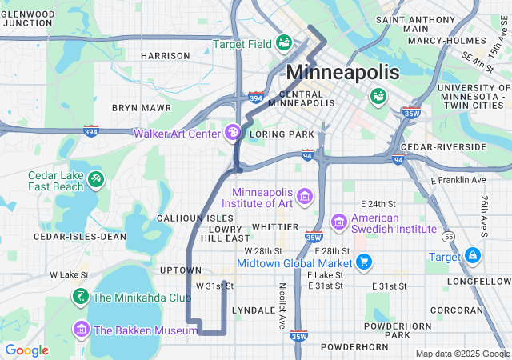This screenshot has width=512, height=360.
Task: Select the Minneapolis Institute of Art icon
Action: (304, 196)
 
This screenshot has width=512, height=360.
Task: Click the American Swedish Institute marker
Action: (338, 221)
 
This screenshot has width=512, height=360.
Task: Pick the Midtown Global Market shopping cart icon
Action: (364, 262)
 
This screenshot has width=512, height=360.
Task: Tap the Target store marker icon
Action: (472, 256)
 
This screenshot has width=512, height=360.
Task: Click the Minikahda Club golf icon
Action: (81, 298)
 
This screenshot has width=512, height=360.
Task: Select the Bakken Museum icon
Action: (81, 329)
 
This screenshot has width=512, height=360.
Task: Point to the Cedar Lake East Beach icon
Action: (96, 178)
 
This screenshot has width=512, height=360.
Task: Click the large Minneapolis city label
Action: (342, 72)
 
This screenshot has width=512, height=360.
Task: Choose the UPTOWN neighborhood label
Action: (180, 270)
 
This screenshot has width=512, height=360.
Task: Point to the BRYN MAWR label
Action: (142, 106)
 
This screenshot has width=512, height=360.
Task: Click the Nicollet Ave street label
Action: (282, 306)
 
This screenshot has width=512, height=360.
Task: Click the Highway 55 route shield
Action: (450, 238)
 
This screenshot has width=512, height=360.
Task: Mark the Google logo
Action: (27, 350)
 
